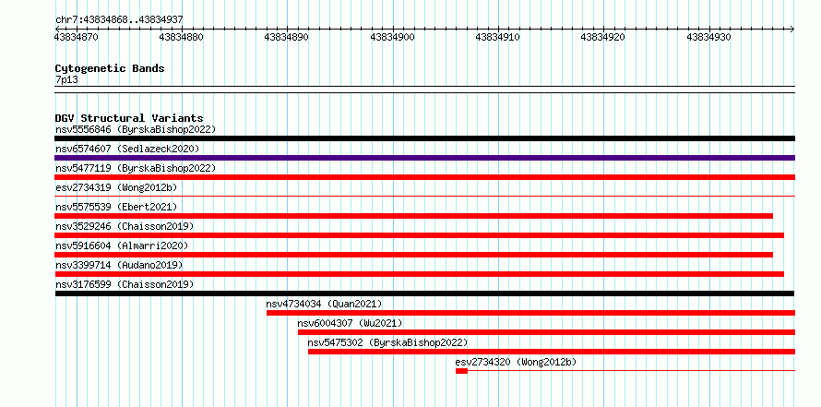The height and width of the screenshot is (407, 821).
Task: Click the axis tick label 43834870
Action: point(76,37)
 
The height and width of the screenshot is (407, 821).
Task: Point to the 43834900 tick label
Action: point(392,37)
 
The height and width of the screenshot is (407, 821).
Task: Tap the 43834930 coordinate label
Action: point(708,37)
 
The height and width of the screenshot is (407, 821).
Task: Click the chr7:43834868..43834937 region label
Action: point(119,19)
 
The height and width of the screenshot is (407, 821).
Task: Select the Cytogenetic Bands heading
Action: point(110,68)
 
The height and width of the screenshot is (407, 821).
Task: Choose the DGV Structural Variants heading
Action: point(129,118)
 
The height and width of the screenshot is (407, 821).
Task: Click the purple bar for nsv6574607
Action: point(424,158)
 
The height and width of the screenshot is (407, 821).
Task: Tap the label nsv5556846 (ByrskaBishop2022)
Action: point(136,129)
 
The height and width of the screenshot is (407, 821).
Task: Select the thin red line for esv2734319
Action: point(424,197)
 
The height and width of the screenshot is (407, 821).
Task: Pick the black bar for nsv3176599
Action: point(424,293)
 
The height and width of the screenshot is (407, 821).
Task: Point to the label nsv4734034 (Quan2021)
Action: point(324,304)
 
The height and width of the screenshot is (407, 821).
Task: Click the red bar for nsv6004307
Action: point(547,332)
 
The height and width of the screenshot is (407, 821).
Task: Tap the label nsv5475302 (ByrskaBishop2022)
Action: point(387,342)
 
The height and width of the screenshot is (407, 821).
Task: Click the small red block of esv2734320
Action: point(461,371)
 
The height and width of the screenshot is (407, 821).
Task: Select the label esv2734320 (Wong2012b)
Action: point(516,362)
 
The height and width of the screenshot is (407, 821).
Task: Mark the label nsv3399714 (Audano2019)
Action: point(119,265)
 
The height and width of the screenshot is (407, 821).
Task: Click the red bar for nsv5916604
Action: point(413,255)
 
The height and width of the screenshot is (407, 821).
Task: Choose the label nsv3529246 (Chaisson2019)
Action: point(125,226)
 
